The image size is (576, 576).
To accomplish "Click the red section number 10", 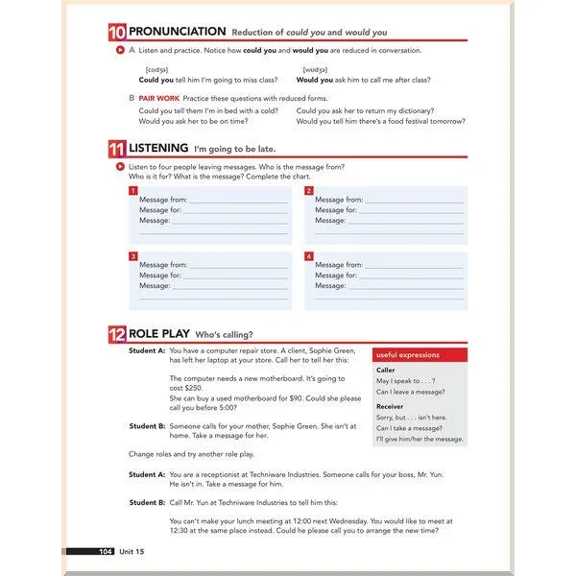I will coord(117,32).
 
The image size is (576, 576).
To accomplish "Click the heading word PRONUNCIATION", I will coord(178,32).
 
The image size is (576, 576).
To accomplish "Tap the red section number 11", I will coord(117,149).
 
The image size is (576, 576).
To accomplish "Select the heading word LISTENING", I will coord(158,149).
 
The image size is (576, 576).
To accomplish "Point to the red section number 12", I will coord(117,334).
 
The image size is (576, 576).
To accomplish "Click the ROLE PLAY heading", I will coord(159,334).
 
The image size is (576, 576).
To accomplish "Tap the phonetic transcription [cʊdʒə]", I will coord(156,69).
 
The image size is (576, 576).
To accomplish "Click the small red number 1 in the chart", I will coord(133,190).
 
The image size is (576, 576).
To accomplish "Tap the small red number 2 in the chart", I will coord(309,190).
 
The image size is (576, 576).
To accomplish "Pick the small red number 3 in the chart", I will coord(133,256).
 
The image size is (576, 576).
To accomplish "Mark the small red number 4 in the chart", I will coord(309,256).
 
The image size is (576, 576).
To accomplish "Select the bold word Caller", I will coord(385,370).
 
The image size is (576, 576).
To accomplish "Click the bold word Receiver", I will coord(390,406).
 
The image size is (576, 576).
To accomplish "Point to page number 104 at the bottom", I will coord(106,551).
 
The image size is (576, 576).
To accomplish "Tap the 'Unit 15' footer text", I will coord(132,551).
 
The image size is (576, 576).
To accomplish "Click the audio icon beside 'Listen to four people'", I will coord(117,166).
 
